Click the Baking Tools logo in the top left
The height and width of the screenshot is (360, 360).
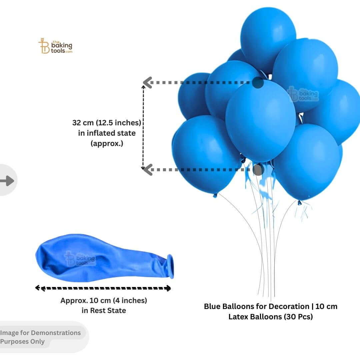[x=55, y=46]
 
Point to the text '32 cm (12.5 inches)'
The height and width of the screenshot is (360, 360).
[x=107, y=123]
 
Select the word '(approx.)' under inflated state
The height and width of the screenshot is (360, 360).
[x=107, y=143]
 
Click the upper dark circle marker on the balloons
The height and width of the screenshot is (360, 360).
[x=258, y=82]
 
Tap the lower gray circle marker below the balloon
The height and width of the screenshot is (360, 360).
[x=258, y=170]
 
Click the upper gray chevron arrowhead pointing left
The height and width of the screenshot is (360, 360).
[x=148, y=82]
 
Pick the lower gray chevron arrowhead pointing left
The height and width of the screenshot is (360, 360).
[x=148, y=170]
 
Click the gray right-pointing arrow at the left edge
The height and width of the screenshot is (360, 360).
[x=7, y=181]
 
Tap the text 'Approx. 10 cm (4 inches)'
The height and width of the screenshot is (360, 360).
[x=104, y=300]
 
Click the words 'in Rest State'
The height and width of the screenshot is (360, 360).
[x=104, y=310]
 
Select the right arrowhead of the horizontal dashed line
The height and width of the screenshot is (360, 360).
[x=169, y=288]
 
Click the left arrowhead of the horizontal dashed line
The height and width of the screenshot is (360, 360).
[x=38, y=288]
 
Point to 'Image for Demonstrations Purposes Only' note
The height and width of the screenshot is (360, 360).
[x=40, y=337]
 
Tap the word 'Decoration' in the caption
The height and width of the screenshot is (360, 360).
[x=289, y=307]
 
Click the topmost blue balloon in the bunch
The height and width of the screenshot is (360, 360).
[x=268, y=39]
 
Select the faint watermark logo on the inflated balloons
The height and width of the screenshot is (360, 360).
[x=303, y=94]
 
